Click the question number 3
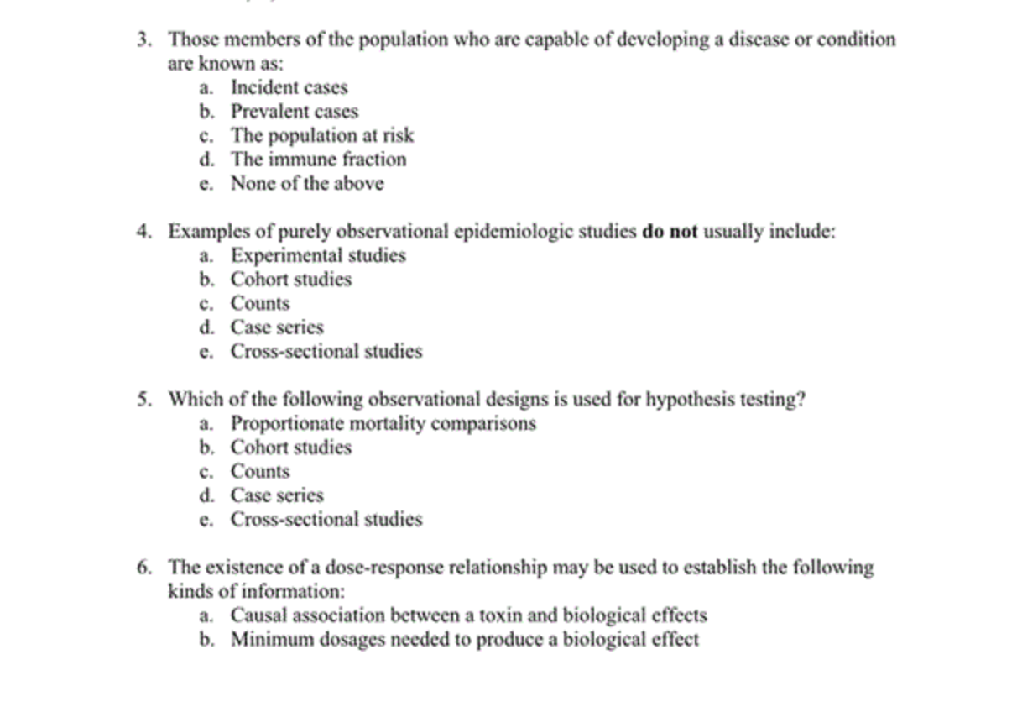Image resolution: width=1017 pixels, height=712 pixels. pyautogui.click(x=144, y=39)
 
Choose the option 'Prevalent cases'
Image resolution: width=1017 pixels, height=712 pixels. pyautogui.click(x=294, y=112)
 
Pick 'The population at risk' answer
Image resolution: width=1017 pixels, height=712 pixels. pyautogui.click(x=322, y=135)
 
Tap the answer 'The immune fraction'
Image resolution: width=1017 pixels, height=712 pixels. pyautogui.click(x=318, y=160)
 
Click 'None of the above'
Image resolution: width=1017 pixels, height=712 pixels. pyautogui.click(x=306, y=183)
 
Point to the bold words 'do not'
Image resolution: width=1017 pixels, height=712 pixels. pyautogui.click(x=669, y=232)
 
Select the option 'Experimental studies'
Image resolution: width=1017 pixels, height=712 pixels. pyautogui.click(x=318, y=255)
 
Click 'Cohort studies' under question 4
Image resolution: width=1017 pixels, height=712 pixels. pyautogui.click(x=290, y=280)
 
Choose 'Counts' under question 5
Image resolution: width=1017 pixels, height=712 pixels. pyautogui.click(x=260, y=471)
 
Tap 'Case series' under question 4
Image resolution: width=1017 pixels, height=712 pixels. pyautogui.click(x=277, y=327)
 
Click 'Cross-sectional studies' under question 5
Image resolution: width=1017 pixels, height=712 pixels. pyautogui.click(x=326, y=519)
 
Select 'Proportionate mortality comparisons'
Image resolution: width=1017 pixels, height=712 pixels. pyautogui.click(x=383, y=423)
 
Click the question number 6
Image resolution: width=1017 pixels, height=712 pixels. pyautogui.click(x=144, y=568)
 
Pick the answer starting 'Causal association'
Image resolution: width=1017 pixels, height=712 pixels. pyautogui.click(x=468, y=615)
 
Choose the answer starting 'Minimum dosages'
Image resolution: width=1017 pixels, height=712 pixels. pyautogui.click(x=464, y=640)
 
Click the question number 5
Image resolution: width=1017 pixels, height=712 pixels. pyautogui.click(x=144, y=400)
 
